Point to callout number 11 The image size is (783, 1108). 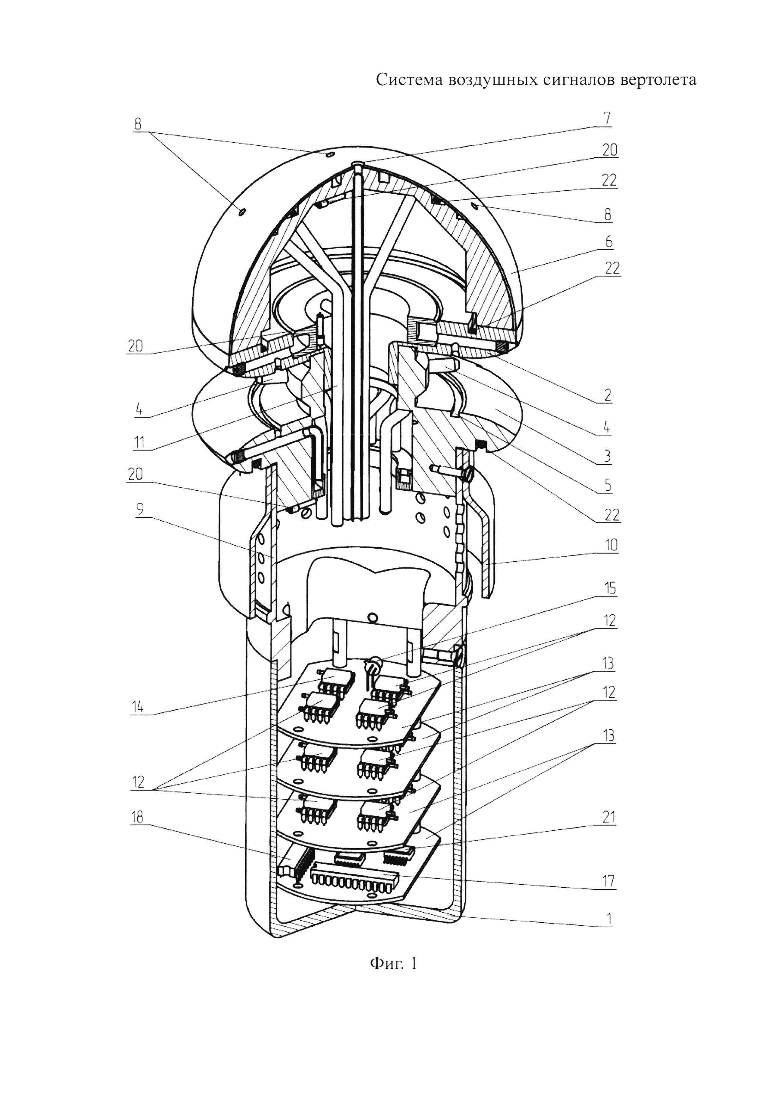point(139,442)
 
